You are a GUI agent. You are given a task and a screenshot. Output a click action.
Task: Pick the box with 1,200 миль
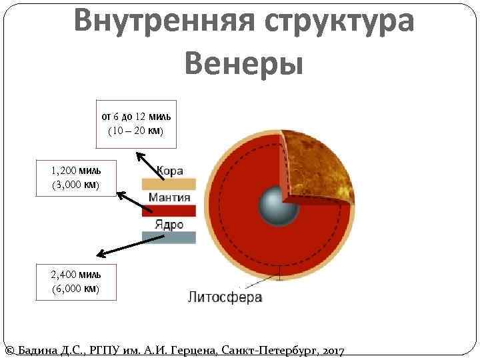click(x=75, y=177)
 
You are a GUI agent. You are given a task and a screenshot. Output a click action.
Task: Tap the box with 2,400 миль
click(x=75, y=282)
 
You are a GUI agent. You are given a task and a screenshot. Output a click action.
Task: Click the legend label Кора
click(x=169, y=171)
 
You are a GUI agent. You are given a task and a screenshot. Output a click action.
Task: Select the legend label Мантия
click(x=169, y=197)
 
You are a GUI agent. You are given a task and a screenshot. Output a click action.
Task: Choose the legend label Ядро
click(x=169, y=224)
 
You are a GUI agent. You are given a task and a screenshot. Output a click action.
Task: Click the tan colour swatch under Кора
click(x=169, y=184)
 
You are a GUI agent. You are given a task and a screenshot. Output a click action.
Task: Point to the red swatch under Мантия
click(x=169, y=211)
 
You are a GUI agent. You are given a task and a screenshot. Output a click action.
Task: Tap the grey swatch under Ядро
click(x=169, y=237)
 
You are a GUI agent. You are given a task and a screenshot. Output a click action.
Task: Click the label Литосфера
click(x=225, y=297)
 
